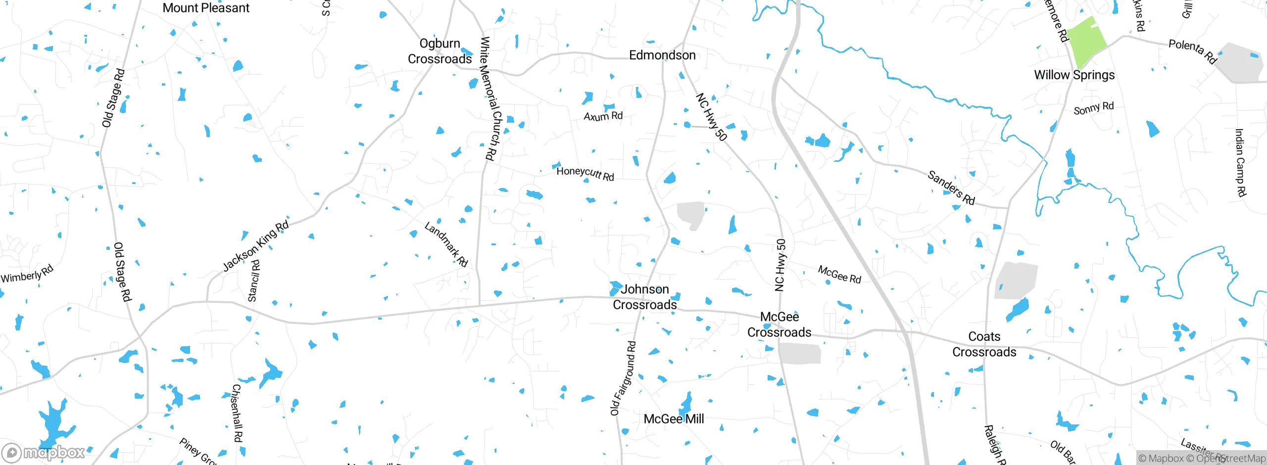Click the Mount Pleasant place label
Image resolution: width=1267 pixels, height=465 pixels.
pyautogui.click(x=206, y=8)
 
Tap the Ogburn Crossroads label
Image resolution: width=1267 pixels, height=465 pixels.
pyautogui.click(x=439, y=51)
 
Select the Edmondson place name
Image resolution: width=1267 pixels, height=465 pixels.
pyautogui.click(x=662, y=55)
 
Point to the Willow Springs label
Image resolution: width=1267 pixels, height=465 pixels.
pyautogui.click(x=1074, y=75)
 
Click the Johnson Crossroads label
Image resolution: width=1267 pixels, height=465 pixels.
pyautogui.click(x=644, y=297)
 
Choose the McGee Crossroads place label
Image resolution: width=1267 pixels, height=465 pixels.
pyautogui.click(x=779, y=324)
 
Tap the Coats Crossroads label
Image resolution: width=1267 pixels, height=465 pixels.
pyautogui.click(x=984, y=344)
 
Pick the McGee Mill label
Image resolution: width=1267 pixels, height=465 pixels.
pyautogui.click(x=674, y=418)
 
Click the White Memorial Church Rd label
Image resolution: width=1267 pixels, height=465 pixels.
pyautogui.click(x=488, y=98)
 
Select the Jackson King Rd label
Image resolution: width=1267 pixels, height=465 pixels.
pyautogui.click(x=255, y=246)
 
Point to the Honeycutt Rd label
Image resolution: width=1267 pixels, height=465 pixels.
pyautogui.click(x=585, y=174)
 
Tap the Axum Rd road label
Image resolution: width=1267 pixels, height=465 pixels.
pyautogui.click(x=603, y=116)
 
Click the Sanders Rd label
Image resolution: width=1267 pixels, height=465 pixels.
pyautogui.click(x=951, y=187)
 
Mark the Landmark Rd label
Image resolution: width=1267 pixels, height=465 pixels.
pyautogui.click(x=446, y=244)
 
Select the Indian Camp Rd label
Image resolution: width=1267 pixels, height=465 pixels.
pyautogui.click(x=1240, y=163)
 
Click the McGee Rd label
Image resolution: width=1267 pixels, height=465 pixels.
pyautogui.click(x=839, y=275)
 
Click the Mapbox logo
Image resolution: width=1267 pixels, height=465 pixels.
pyautogui.click(x=44, y=453)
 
